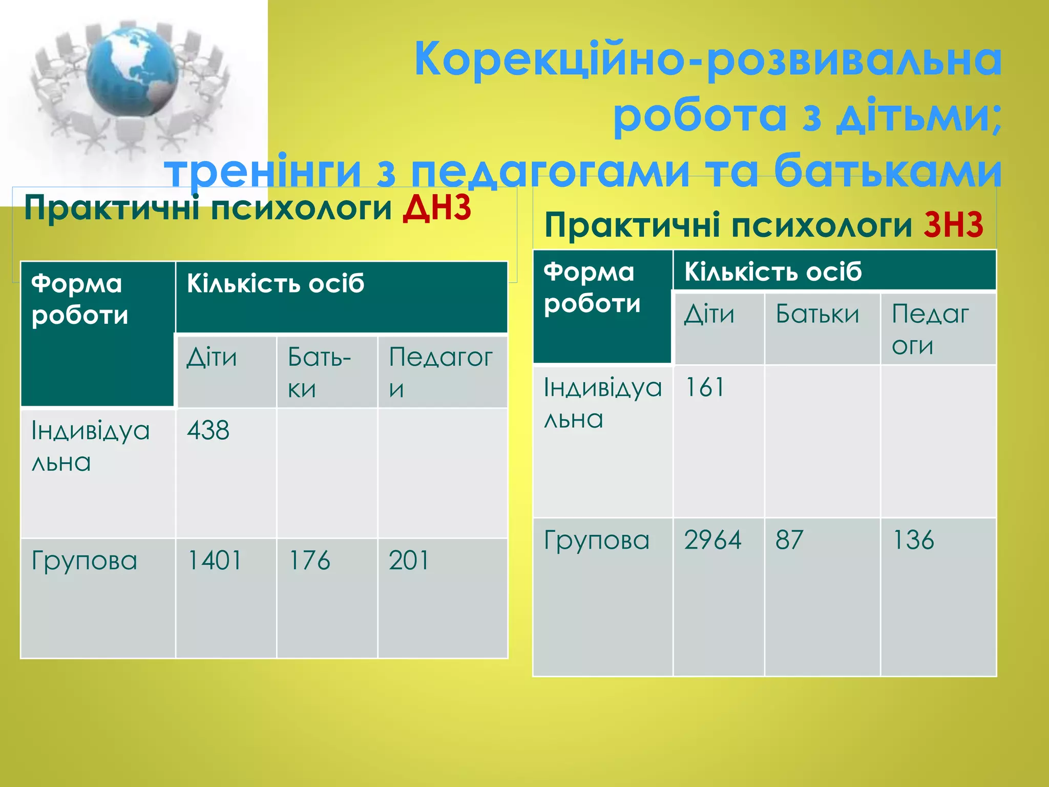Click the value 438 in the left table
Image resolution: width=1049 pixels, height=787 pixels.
point(207,430)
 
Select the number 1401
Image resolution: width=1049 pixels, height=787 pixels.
point(215,560)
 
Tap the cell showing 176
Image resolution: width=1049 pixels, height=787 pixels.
point(309,560)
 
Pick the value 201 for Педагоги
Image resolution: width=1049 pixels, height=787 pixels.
point(408,560)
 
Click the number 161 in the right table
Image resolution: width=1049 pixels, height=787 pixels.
point(704,387)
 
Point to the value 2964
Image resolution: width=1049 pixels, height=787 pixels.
point(712,540)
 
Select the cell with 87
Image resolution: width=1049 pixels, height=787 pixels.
point(789,540)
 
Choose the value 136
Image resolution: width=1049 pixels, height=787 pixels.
point(913,540)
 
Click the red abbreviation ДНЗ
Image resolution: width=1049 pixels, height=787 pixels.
point(436,209)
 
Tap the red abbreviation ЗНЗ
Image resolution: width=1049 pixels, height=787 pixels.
point(953,225)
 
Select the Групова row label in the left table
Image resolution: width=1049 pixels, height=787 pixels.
point(85,561)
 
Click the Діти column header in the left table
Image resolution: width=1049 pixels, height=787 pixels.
point(212,357)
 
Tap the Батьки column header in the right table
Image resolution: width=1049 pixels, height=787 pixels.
point(817,314)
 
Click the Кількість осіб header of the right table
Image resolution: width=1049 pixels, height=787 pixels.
point(773,272)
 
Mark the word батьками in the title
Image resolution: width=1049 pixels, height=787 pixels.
point(887,171)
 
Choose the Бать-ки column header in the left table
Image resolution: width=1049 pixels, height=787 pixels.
point(319,372)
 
